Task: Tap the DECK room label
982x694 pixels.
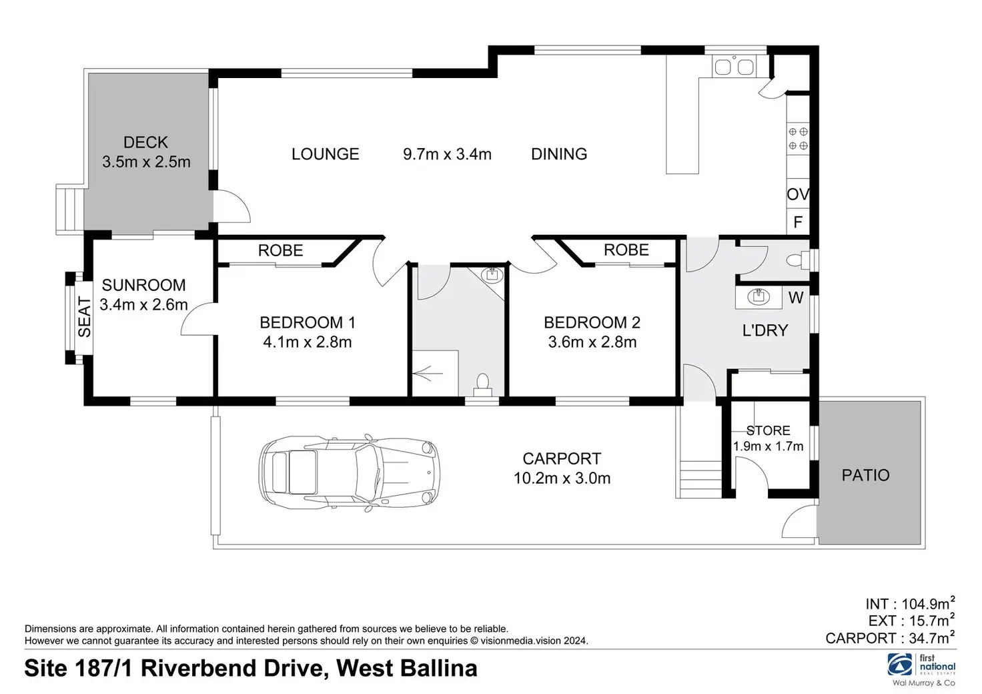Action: point(145,143)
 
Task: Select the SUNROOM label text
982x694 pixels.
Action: point(144,286)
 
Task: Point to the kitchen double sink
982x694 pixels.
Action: point(734,67)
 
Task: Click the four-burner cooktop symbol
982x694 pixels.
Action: point(799,139)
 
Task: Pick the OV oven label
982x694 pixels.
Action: point(798,194)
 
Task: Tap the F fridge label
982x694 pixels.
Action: point(798,222)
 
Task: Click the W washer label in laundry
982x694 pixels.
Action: point(796,298)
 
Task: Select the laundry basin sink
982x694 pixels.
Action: point(759,297)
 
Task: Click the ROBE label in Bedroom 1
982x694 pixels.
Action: point(281,250)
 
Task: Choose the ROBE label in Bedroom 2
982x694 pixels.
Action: point(626,250)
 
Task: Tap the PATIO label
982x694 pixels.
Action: point(865,475)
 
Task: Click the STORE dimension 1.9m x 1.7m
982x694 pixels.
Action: point(768,446)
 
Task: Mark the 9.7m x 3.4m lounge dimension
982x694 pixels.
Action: point(447,154)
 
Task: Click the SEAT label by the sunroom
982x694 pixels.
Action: point(85,317)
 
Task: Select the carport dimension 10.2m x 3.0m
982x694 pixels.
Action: point(562,478)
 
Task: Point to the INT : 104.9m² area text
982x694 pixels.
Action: point(910,603)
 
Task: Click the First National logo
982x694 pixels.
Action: point(921,665)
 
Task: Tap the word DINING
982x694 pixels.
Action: point(559,154)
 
